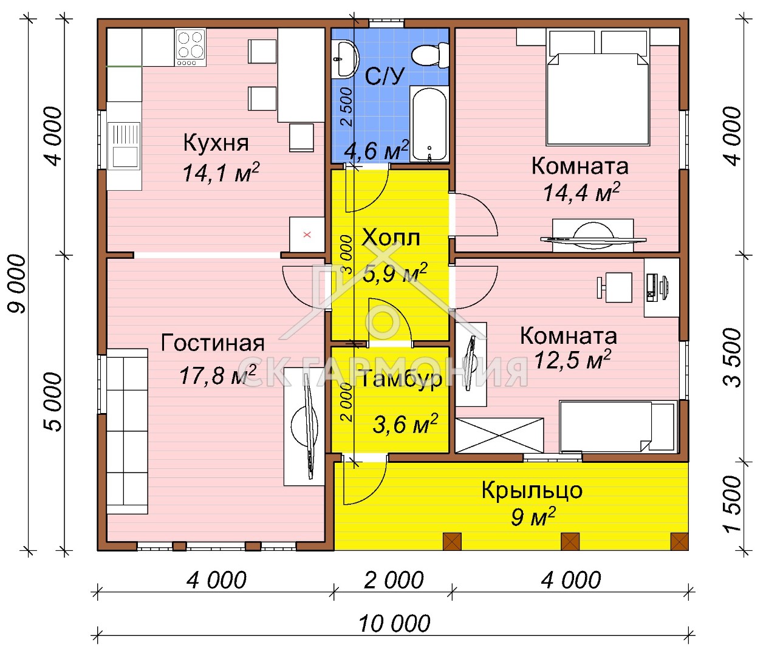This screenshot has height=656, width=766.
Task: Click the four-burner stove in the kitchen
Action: click(x=191, y=48)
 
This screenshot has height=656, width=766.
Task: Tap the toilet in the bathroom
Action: click(x=430, y=56)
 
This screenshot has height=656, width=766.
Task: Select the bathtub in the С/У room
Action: click(x=429, y=125)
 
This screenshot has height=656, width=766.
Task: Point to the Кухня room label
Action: click(x=216, y=143)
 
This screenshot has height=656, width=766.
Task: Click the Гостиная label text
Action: click(x=213, y=343)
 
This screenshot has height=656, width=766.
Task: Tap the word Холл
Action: click(x=391, y=237)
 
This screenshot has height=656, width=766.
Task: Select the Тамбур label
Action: click(x=401, y=379)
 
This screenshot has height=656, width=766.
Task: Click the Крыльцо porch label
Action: click(x=532, y=491)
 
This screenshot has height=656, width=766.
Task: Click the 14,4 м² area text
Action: click(x=581, y=192)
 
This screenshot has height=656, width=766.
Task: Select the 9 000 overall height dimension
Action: click(x=18, y=284)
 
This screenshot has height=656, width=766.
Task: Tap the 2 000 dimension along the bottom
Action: click(x=394, y=581)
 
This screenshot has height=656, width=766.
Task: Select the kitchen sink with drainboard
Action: click(x=125, y=146)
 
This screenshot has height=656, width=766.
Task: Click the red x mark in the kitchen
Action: click(x=307, y=234)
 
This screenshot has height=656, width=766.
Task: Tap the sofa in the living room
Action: click(x=127, y=431)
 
